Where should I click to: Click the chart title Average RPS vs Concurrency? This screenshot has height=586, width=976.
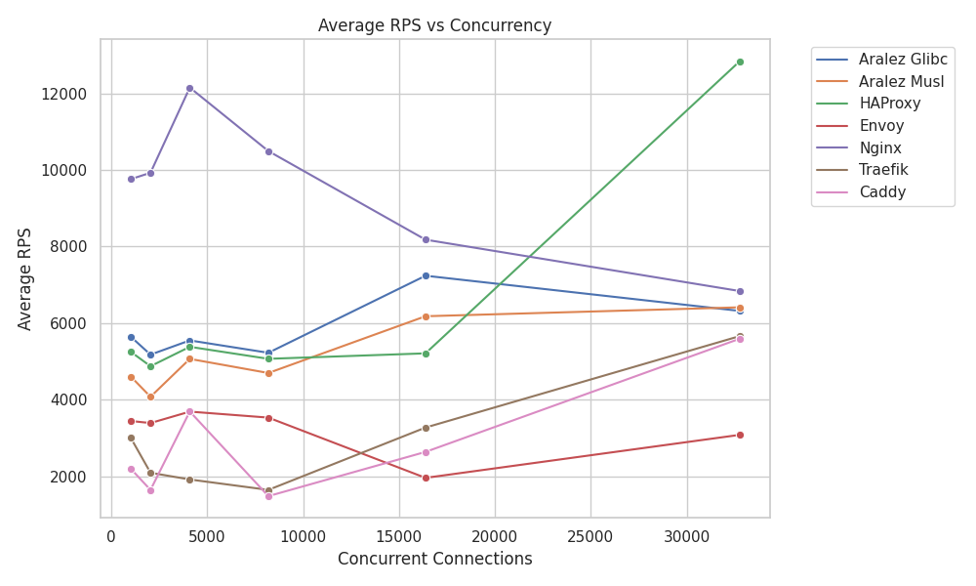(x=434, y=26)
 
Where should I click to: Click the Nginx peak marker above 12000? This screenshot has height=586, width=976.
(x=189, y=88)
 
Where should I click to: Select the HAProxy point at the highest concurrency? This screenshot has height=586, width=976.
(x=740, y=62)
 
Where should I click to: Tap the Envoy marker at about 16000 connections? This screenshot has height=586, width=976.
(x=426, y=478)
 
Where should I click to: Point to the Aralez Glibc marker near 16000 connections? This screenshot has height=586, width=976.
(x=426, y=275)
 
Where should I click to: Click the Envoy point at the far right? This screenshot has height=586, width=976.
(x=740, y=435)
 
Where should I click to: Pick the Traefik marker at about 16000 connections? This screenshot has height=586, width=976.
(x=426, y=428)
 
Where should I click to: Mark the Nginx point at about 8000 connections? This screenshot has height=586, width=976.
(x=268, y=151)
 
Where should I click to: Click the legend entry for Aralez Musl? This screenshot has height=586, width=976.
(x=901, y=81)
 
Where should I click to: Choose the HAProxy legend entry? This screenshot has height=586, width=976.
(x=889, y=104)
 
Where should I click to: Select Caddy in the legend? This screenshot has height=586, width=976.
(x=882, y=192)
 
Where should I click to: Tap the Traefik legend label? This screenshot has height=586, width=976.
(x=883, y=170)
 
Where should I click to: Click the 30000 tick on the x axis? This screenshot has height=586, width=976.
(x=686, y=536)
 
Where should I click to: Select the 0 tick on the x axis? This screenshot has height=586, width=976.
(x=111, y=536)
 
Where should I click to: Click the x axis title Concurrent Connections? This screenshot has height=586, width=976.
(x=434, y=560)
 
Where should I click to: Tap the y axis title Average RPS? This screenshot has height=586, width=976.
(x=25, y=278)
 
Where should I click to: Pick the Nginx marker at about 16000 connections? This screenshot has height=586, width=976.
(x=426, y=239)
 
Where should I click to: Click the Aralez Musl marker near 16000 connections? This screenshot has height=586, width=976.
(x=426, y=316)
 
